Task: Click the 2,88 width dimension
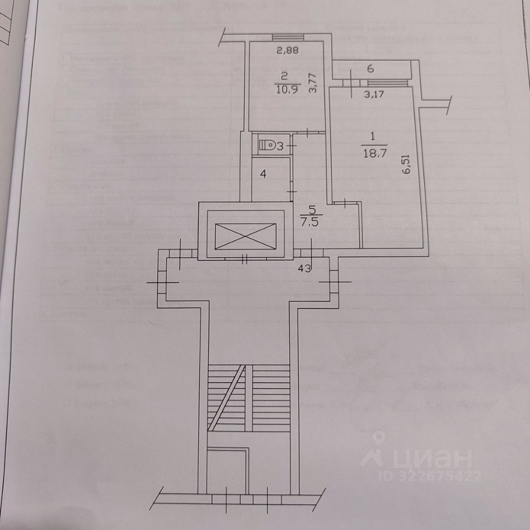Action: pos(286,51)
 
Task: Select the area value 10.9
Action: pos(287,91)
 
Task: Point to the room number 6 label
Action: pos(371,70)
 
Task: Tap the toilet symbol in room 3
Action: pos(267,145)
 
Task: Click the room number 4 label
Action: pos(264,174)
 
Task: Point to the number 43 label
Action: pos(305,269)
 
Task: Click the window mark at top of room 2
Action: pos(287,38)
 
